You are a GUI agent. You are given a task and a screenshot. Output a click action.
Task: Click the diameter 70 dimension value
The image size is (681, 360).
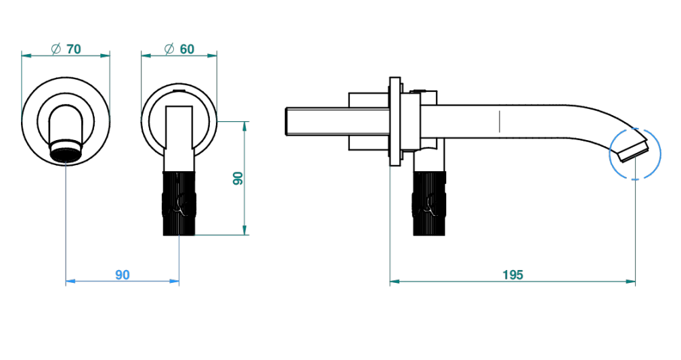(x=74, y=49)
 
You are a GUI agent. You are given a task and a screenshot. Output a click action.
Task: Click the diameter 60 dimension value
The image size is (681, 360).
(x=187, y=49)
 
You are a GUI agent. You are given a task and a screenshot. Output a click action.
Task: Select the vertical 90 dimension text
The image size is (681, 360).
(x=238, y=178)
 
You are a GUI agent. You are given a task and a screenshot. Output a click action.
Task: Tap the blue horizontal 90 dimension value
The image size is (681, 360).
(x=123, y=275)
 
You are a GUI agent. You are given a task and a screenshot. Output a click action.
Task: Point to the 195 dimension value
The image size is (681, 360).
(x=513, y=275)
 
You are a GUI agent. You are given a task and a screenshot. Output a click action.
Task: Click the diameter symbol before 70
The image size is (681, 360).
(x=56, y=49)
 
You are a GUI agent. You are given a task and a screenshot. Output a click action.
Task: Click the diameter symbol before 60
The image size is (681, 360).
(x=169, y=49)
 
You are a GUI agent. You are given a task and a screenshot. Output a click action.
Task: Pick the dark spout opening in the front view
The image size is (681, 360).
(x=66, y=154)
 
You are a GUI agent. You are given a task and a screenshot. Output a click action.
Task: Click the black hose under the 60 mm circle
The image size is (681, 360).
(x=179, y=203)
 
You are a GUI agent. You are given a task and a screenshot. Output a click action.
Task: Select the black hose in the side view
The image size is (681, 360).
(x=429, y=203)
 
